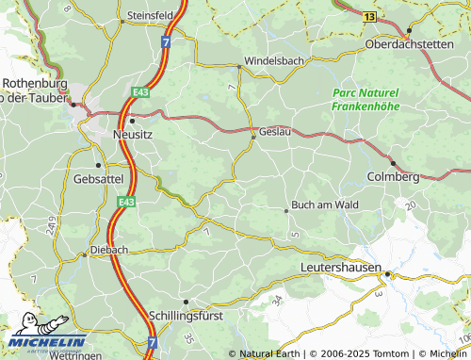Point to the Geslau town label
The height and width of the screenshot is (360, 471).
[275, 131]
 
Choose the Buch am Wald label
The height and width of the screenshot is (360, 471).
[325, 204]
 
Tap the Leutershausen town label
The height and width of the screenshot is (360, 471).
[340, 269]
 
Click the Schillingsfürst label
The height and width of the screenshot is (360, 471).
[186, 316]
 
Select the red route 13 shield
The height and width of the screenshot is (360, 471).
[370, 16]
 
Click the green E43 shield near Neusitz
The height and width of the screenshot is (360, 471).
[140, 91]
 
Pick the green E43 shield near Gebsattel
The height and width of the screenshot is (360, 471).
[125, 201]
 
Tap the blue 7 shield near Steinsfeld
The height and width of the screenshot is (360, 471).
[166, 42]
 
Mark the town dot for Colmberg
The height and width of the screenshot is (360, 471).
[393, 163]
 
